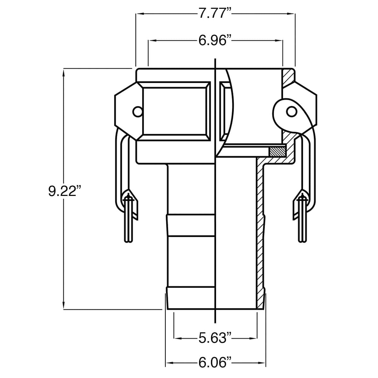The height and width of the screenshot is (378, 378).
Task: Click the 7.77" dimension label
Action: tap(215, 14)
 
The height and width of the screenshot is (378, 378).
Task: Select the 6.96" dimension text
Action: tap(215, 40)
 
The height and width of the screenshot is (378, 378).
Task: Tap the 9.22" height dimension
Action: tap(65, 191)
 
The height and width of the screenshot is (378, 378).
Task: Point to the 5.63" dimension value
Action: tap(215, 338)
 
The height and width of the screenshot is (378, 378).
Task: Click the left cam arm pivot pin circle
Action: tap(138, 112)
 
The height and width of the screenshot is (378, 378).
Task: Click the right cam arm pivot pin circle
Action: tap(291, 112)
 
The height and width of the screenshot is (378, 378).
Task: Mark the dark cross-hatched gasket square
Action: tap(278, 152)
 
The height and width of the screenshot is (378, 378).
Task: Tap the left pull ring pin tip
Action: tap(129, 242)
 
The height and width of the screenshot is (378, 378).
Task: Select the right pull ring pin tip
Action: tap(302, 242)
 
